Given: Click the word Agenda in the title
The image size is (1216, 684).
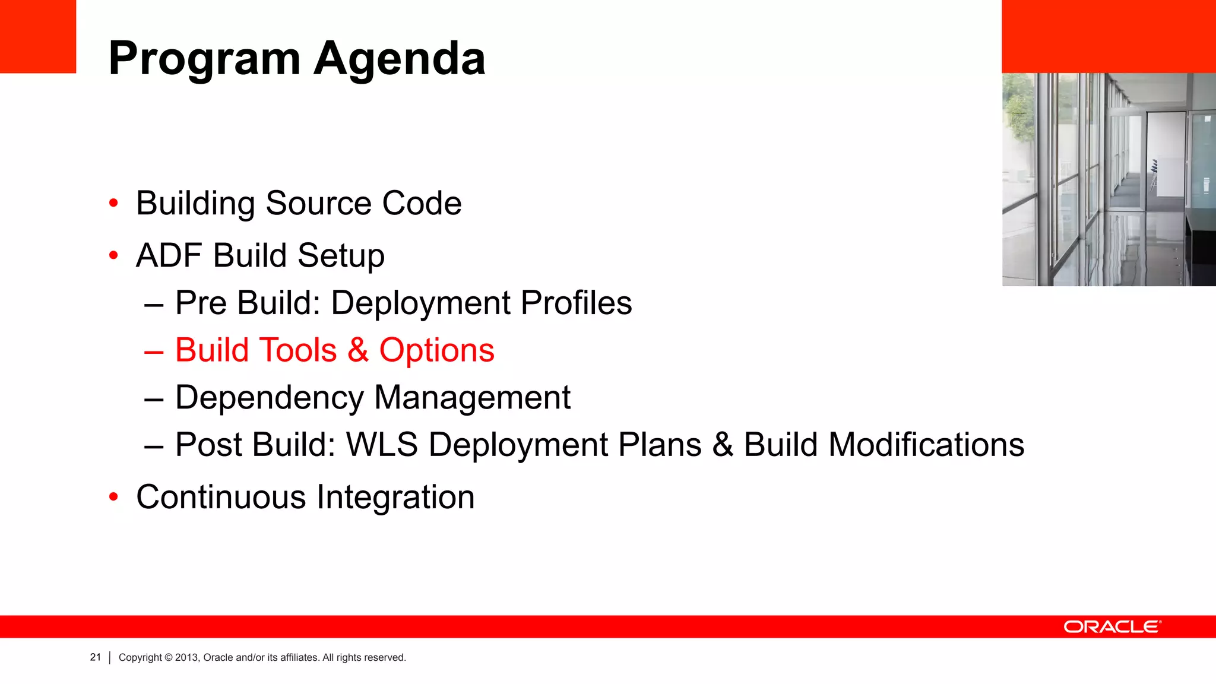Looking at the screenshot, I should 399,59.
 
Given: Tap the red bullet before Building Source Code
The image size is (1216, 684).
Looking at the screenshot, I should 113,204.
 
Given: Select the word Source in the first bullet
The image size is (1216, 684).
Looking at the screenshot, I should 319,204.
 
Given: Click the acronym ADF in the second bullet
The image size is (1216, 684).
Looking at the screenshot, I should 169,256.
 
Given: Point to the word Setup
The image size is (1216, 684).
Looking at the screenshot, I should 341,256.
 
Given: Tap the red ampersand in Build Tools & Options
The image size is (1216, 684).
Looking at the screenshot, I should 358,350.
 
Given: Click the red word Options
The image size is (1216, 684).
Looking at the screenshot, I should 436,350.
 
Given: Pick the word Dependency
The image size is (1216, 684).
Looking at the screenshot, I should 270,398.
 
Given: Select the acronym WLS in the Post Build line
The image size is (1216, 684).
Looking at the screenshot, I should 382,445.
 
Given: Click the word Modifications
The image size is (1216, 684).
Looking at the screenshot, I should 926,445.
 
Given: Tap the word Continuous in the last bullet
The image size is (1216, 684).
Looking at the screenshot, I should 221,497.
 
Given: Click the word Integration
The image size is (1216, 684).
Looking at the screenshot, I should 395,497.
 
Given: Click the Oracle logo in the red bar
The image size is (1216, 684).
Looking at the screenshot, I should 1112,627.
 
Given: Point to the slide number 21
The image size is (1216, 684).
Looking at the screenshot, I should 96,657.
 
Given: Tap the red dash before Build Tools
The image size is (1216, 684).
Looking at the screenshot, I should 154,351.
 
